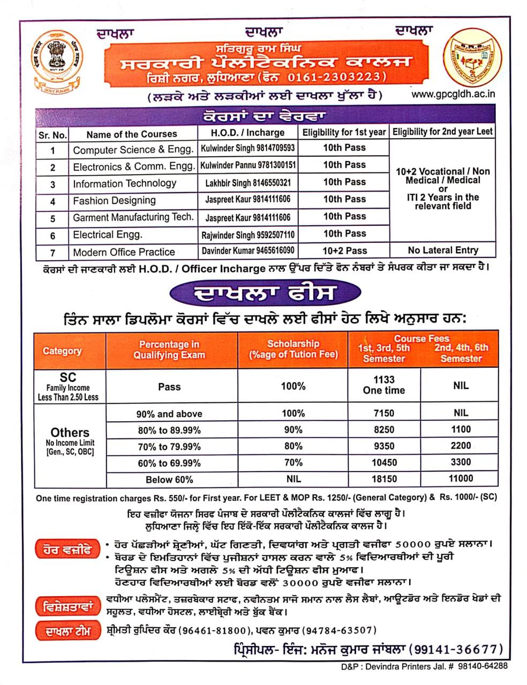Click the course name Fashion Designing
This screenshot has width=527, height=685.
pos(114,201)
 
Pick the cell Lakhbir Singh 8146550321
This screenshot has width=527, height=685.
pos(248,183)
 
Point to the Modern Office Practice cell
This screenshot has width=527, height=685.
pos(124,252)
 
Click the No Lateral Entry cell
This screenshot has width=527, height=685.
pos(442,250)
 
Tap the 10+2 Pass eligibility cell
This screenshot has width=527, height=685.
pos(344,250)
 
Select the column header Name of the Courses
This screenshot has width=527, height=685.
pos(131,134)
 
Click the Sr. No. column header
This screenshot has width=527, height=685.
pos(52,135)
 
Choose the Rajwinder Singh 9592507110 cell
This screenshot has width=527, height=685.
pos(248,235)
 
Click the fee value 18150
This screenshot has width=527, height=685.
pos(384,479)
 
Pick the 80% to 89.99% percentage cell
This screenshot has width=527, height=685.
pos(169,430)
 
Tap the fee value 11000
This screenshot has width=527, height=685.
pos(460,478)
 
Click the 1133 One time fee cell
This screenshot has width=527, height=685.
pos(384,385)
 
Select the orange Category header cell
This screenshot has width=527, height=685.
pos(62,351)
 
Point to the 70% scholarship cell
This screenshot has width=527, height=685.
pos(293,463)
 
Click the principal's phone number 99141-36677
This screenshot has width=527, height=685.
pos(456,649)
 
